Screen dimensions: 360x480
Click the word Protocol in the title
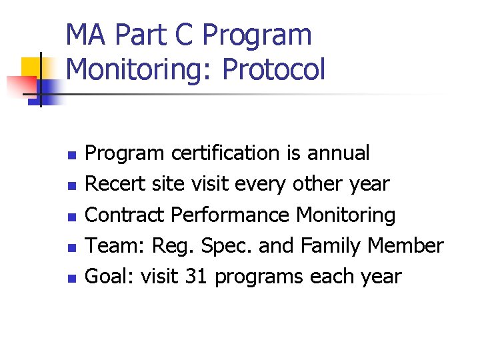tap(274, 69)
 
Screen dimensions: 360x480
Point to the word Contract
tap(126, 215)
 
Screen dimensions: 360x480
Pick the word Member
tap(407, 246)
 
